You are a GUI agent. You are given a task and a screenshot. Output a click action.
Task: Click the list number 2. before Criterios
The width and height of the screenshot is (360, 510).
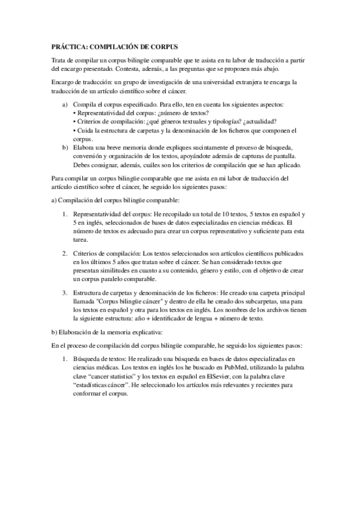(x=66, y=247)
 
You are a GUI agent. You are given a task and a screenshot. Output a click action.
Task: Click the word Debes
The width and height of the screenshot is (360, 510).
(x=82, y=164)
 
